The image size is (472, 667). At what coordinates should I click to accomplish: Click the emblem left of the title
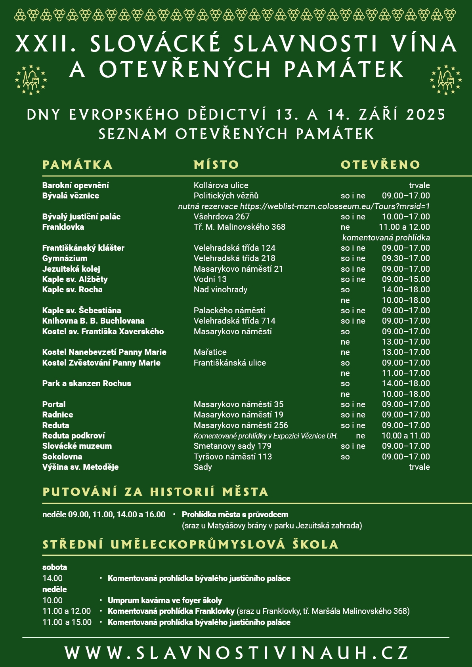(31, 80)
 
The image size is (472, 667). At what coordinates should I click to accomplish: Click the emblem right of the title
(446, 80)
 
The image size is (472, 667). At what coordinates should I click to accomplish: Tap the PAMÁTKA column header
(78, 165)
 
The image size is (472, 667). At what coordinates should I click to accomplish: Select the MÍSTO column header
(216, 165)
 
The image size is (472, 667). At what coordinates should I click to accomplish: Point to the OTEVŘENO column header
(380, 165)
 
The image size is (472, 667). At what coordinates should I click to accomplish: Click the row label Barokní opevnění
(76, 185)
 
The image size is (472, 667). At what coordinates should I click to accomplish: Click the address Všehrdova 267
(222, 217)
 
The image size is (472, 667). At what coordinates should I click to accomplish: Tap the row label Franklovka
(63, 227)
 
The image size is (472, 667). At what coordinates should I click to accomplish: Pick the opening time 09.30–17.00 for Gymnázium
(406, 258)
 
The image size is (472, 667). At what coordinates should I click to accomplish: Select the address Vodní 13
(210, 279)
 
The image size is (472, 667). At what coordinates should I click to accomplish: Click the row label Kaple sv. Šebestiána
(82, 311)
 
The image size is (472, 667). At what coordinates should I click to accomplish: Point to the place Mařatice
(210, 352)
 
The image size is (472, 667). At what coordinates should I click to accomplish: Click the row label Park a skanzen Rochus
(86, 383)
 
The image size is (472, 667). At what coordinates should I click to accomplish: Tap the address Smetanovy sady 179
(232, 446)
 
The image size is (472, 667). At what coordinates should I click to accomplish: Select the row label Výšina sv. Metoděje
(80, 467)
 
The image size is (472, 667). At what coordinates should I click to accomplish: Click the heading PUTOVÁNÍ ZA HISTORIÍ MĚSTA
(155, 492)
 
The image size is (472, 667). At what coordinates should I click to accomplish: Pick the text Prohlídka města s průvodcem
(235, 515)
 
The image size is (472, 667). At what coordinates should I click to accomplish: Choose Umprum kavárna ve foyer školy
(165, 600)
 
